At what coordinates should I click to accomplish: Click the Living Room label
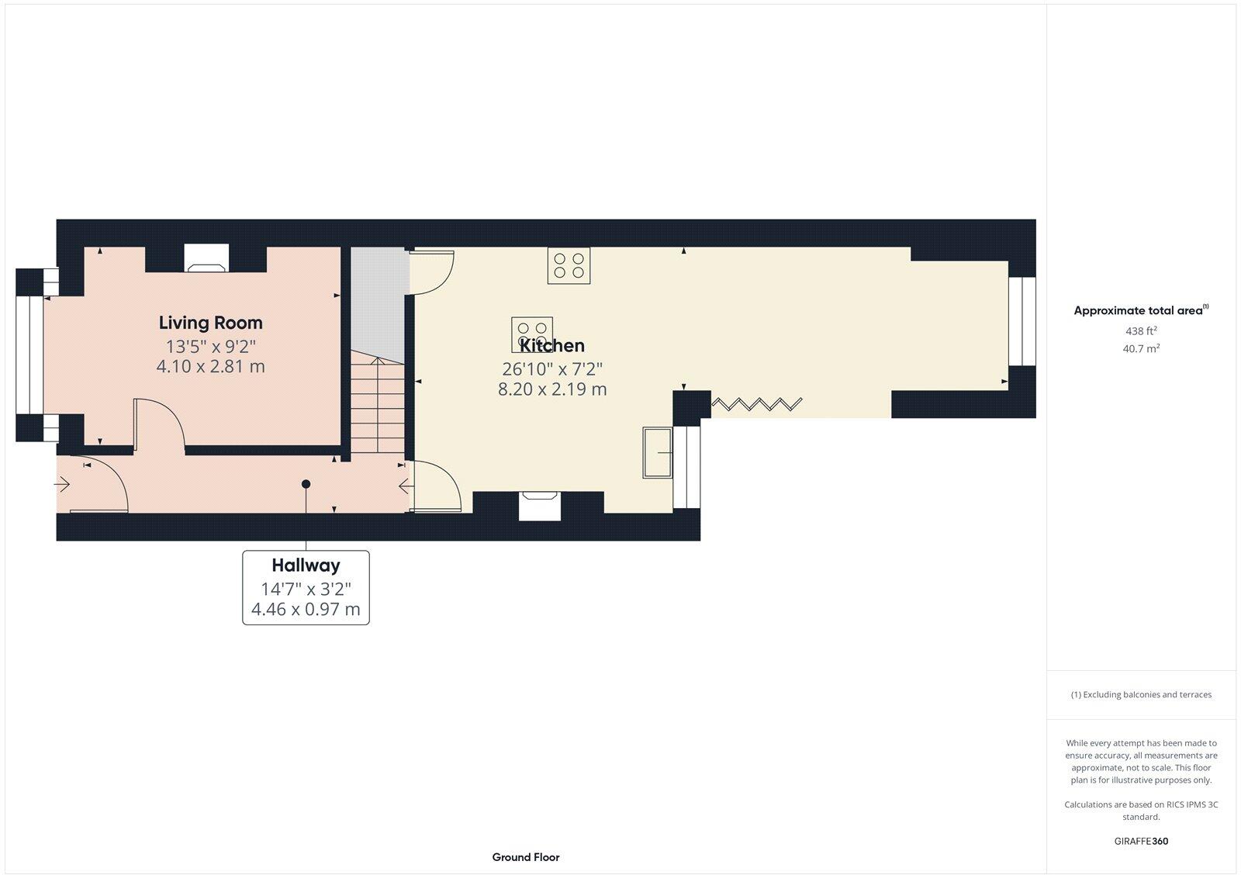210,323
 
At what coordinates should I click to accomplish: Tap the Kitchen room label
552,346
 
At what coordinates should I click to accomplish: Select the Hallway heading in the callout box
306,565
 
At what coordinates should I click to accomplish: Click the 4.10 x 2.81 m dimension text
210,366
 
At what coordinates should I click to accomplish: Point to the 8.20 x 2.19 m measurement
552,389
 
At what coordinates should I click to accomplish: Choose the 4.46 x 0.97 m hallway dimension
306,609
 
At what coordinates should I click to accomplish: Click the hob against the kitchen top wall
569,265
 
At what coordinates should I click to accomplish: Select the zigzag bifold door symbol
757,404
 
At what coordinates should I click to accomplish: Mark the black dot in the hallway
306,484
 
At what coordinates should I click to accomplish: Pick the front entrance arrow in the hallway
63,485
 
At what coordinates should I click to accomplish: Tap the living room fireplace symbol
207,259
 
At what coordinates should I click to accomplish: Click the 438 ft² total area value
1141,331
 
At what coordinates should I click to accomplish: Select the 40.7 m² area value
1141,349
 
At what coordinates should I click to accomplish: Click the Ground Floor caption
525,857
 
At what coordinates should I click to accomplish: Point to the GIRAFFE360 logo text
1141,841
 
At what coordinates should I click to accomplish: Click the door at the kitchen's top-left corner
432,272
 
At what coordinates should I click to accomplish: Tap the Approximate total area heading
1138,311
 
